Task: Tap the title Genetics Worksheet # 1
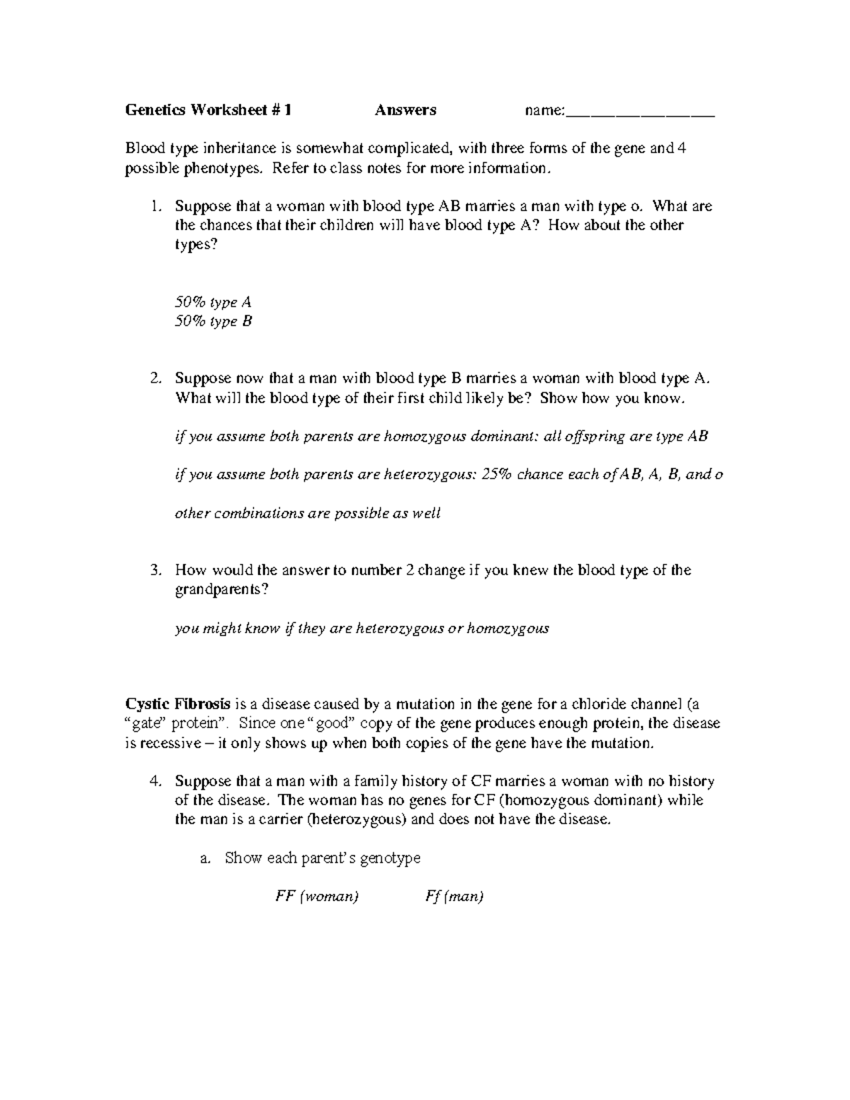(208, 110)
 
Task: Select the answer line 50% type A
(213, 302)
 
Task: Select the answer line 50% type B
(213, 322)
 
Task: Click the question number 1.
(155, 207)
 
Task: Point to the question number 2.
(155, 379)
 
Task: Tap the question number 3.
(155, 570)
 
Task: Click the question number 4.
(155, 781)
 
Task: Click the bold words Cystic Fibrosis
(177, 705)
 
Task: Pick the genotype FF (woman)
(317, 897)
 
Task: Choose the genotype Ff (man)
(454, 897)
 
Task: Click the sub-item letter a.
(205, 858)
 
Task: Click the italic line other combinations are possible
(307, 514)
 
